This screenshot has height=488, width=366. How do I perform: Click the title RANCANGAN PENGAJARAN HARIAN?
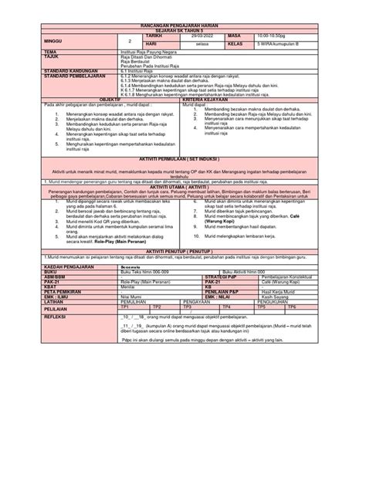183,25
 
